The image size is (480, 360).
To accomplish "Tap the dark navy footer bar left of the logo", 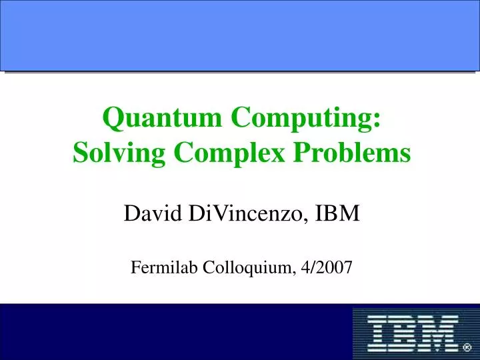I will pos(173,332).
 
